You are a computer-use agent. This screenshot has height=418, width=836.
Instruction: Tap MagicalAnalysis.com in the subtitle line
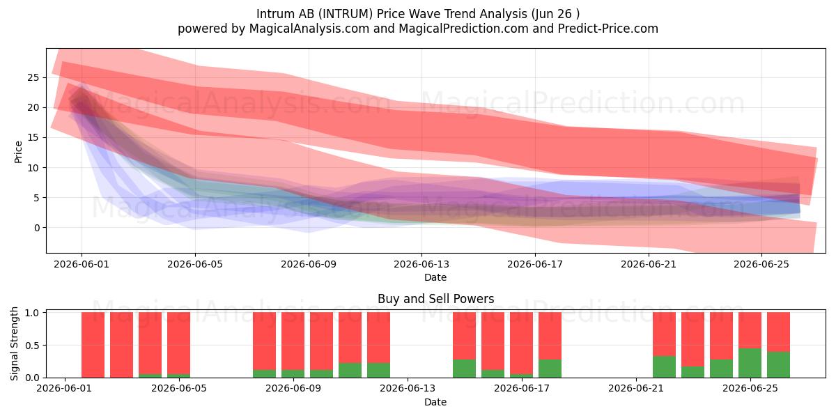[309, 29]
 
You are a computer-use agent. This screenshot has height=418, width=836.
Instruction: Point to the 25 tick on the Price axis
[33, 77]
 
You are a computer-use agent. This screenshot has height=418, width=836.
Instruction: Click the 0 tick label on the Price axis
[36, 228]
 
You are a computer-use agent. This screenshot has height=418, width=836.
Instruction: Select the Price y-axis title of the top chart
[18, 152]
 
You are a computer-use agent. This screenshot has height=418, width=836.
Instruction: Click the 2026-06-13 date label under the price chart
[421, 264]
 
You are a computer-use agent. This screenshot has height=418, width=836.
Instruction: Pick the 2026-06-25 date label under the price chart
[761, 264]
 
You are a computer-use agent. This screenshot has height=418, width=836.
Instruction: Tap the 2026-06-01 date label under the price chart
[82, 264]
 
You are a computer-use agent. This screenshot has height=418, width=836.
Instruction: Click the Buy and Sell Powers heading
[435, 299]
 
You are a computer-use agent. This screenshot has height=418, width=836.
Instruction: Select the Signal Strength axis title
[14, 343]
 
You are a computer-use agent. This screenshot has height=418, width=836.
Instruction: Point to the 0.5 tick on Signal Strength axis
[32, 346]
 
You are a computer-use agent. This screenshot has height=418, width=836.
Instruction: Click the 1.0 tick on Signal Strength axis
[32, 313]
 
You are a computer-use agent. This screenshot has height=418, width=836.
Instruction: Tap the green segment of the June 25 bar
[750, 363]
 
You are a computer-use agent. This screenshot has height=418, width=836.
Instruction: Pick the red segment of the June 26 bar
[779, 332]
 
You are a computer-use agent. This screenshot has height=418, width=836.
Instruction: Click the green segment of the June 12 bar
[378, 370]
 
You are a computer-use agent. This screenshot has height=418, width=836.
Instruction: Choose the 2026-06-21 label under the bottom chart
[636, 389]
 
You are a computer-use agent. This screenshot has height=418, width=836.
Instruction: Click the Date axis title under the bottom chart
[435, 402]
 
